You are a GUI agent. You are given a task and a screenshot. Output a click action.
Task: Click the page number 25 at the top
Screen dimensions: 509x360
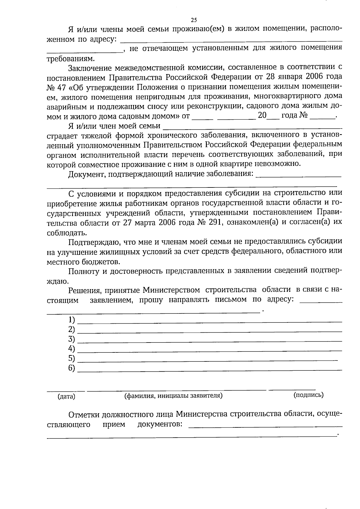(194, 20)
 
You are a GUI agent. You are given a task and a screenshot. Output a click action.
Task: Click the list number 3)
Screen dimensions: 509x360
(71, 339)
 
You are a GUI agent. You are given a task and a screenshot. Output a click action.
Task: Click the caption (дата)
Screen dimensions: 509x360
(66, 397)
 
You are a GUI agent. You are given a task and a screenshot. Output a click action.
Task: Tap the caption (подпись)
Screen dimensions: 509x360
(308, 395)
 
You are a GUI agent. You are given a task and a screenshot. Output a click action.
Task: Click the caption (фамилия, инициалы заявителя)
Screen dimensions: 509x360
(173, 395)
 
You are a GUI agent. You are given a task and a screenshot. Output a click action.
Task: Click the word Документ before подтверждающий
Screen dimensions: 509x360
(85, 174)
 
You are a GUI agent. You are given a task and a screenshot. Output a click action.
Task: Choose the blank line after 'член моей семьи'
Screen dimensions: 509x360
(252, 127)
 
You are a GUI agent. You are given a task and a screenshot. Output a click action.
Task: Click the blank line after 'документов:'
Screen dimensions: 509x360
(265, 426)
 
